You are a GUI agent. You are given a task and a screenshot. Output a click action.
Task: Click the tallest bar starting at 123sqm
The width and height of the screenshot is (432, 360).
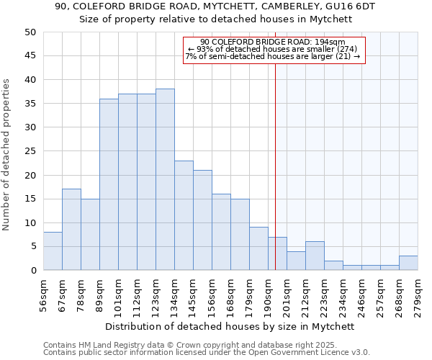(x=165, y=179)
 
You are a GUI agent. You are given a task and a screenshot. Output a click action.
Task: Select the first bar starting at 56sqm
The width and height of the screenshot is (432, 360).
(x=53, y=251)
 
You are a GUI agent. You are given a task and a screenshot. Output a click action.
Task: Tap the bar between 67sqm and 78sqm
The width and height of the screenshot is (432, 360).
(x=71, y=230)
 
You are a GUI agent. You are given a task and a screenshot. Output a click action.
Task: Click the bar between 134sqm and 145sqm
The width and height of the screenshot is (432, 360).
(x=184, y=215)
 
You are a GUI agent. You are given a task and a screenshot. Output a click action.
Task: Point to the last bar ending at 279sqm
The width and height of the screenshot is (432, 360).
(x=408, y=263)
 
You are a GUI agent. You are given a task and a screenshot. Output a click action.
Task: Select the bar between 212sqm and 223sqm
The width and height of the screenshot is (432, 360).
(x=315, y=256)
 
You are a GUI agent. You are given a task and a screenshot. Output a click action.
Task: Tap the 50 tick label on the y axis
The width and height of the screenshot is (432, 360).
(x=30, y=32)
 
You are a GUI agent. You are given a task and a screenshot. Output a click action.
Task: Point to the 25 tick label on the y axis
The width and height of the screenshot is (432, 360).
(x=30, y=151)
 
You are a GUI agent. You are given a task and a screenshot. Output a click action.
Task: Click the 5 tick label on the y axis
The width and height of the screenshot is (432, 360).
(x=33, y=246)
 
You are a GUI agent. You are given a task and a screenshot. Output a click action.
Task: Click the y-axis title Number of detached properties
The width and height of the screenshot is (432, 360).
(x=7, y=155)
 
